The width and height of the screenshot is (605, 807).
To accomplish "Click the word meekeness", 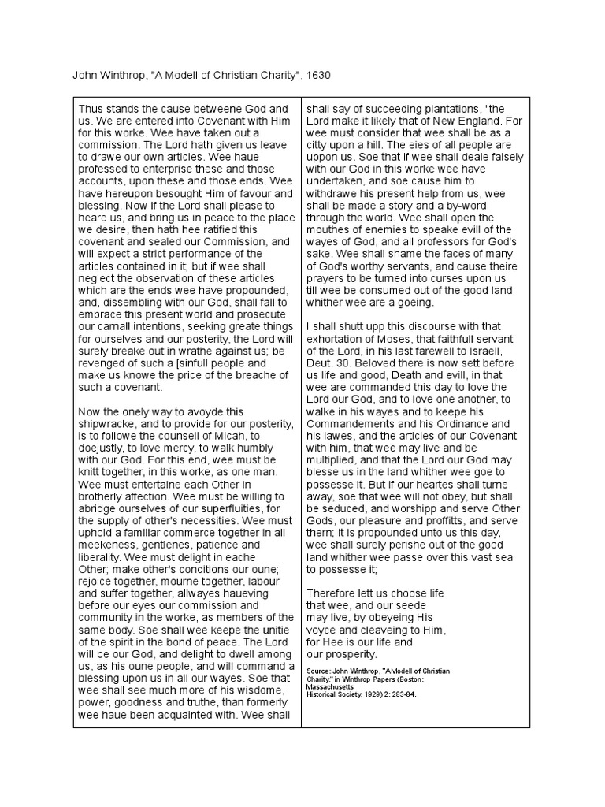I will point(109,545).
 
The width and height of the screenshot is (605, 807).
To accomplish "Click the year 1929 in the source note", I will point(368,696).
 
